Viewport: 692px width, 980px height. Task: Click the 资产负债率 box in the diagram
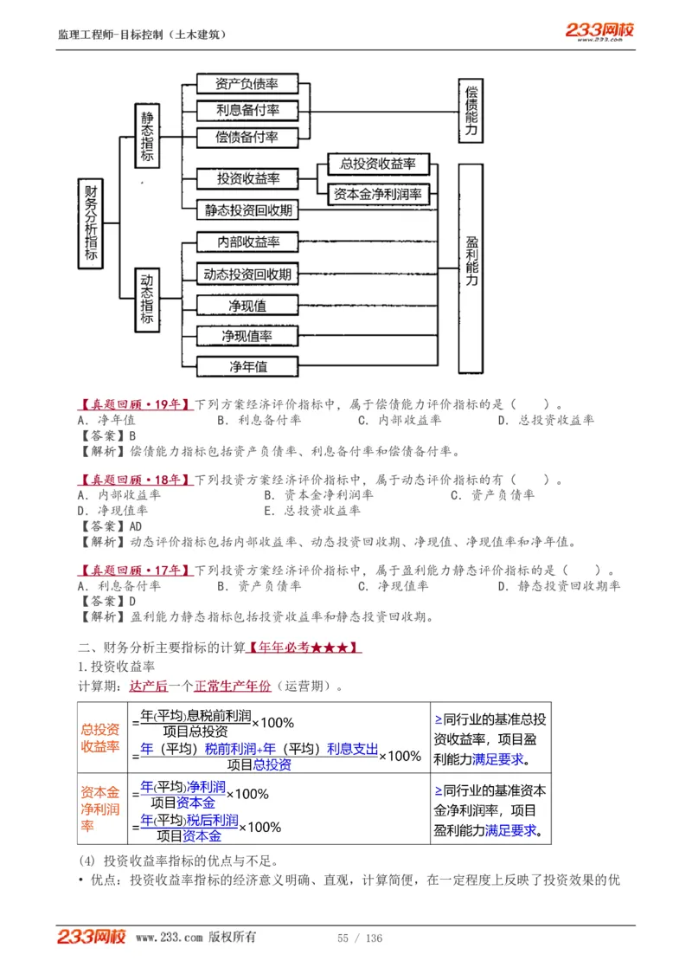click(x=247, y=84)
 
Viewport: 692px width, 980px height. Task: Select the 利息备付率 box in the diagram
click(x=247, y=111)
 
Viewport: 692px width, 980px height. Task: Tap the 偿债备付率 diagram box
click(x=247, y=138)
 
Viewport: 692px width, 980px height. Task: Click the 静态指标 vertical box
click(x=147, y=136)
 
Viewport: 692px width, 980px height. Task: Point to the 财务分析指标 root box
click(x=91, y=224)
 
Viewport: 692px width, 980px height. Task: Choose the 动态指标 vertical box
click(x=147, y=300)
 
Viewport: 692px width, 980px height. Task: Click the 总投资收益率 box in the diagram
click(x=378, y=164)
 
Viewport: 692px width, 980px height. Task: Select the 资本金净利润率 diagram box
click(x=378, y=195)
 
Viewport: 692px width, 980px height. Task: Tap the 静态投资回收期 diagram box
click(x=248, y=210)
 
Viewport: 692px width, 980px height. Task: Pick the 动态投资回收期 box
click(x=247, y=274)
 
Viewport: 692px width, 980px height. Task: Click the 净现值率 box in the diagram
click(x=247, y=336)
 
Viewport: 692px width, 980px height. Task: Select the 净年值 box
click(x=247, y=366)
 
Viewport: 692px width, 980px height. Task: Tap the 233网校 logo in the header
click(x=599, y=31)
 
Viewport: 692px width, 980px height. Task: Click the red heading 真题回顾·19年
click(x=135, y=403)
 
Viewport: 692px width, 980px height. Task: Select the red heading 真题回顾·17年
click(x=135, y=571)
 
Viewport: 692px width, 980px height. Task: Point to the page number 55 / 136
click(x=360, y=938)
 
